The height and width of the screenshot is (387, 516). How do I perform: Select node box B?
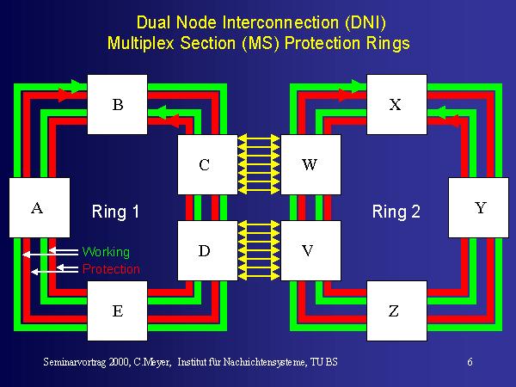click(118, 105)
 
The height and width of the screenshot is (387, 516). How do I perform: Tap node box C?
click(205, 163)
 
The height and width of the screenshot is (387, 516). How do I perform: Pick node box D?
click(205, 250)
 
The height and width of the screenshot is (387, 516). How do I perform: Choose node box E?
click(118, 310)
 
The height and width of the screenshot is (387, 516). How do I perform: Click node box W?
click(309, 163)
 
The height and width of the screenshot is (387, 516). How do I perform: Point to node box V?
click(309, 250)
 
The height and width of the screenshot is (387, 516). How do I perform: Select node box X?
click(396, 105)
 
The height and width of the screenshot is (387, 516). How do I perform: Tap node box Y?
click(479, 207)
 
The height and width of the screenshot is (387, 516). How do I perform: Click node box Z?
click(394, 310)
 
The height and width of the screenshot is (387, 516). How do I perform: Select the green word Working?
click(106, 252)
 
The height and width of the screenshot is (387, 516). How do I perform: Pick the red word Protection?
click(111, 269)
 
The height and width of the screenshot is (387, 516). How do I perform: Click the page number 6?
click(470, 362)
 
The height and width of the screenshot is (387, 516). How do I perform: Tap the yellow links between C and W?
click(256, 163)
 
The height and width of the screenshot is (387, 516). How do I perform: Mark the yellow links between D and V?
click(256, 250)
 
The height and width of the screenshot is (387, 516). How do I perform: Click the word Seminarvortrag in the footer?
click(75, 362)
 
